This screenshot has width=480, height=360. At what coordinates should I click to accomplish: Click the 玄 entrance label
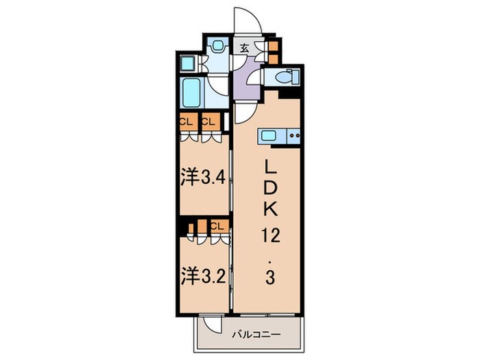point(244,49)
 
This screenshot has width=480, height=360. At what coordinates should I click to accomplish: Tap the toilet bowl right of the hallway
point(281,76)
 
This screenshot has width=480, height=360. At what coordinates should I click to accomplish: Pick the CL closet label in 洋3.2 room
point(217,225)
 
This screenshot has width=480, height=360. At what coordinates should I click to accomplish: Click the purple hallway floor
point(245,82)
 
